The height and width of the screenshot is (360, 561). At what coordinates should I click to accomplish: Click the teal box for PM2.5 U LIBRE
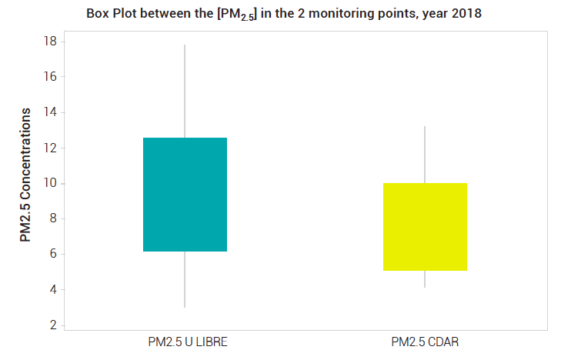click(185, 195)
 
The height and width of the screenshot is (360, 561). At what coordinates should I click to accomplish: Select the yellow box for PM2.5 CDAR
click(425, 227)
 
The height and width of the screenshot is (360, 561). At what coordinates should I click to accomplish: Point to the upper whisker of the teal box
click(185, 92)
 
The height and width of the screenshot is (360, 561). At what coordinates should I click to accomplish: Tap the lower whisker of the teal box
click(185, 279)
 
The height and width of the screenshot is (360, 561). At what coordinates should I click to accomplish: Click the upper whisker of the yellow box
click(425, 155)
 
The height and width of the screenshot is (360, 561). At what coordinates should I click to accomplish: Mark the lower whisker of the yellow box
click(425, 279)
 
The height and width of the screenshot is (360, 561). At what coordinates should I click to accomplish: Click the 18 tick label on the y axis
click(50, 42)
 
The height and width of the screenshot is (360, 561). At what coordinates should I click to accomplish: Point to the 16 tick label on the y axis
click(50, 76)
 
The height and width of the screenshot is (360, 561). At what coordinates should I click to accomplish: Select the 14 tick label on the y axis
click(50, 112)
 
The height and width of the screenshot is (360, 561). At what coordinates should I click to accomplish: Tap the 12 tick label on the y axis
click(50, 148)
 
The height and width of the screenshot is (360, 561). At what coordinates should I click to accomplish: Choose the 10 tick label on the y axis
click(50, 183)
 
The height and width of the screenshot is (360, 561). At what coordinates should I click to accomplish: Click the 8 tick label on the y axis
click(53, 218)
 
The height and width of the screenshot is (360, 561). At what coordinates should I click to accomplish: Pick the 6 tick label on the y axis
click(53, 254)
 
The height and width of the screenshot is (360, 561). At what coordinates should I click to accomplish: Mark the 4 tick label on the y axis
click(53, 289)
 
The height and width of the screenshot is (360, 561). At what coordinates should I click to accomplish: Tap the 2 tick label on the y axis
click(53, 325)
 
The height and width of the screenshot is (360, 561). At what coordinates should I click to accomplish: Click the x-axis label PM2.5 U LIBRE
click(188, 342)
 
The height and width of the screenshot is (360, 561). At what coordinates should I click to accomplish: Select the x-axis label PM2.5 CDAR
click(425, 342)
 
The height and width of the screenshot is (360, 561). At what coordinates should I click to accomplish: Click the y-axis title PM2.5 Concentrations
click(25, 175)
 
